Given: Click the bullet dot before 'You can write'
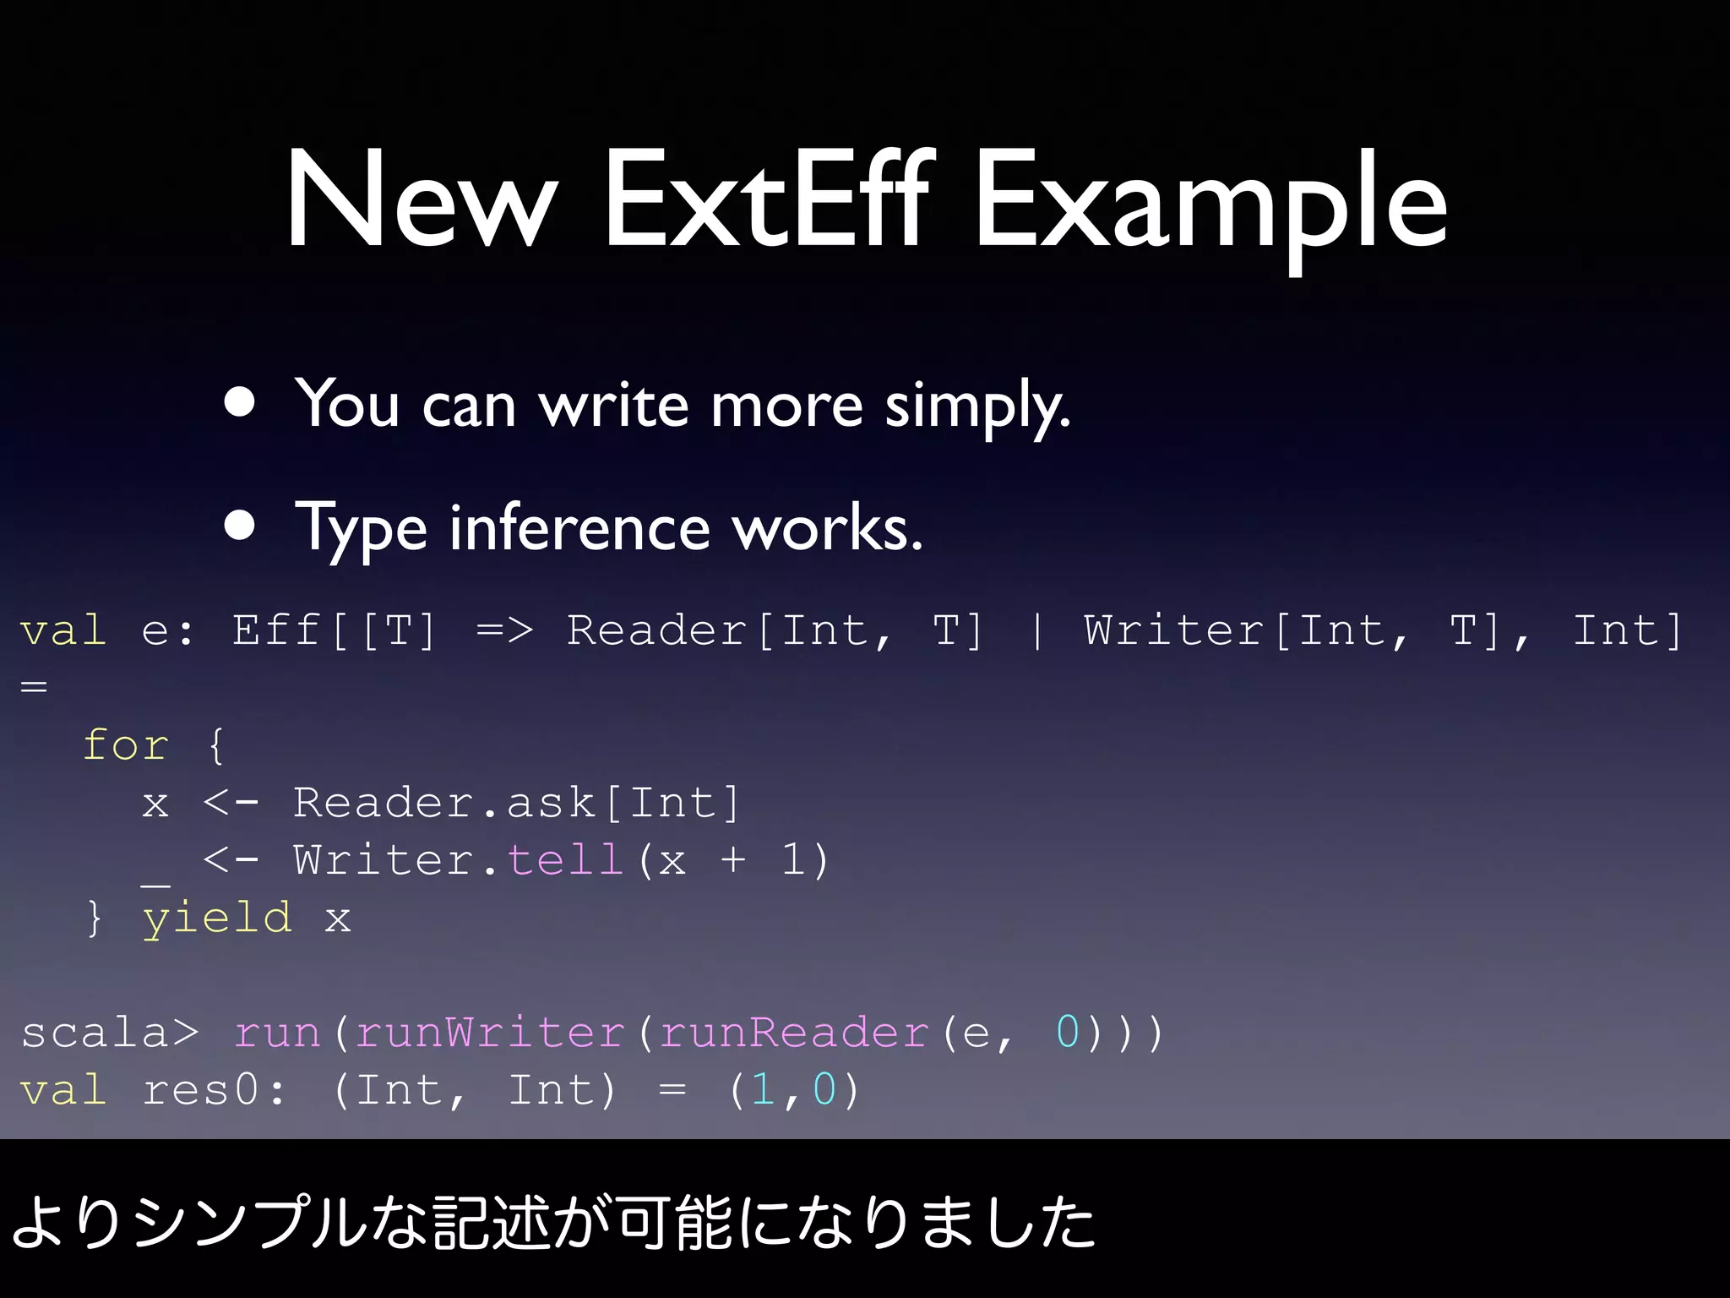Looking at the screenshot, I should tap(240, 403).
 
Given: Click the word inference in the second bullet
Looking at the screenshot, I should tap(579, 528).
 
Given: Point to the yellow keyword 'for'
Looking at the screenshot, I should tap(126, 745).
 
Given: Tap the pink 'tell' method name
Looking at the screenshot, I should tap(565, 860).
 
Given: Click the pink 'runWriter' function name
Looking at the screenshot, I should tap(490, 1033).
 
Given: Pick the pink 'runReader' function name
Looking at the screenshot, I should tap(794, 1033).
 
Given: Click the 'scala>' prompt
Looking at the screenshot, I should tap(110, 1033).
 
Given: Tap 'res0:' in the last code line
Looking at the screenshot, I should tap(214, 1090).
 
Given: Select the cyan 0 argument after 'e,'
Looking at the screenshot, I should tap(1068, 1033).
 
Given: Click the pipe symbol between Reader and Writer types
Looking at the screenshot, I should tap(1036, 631).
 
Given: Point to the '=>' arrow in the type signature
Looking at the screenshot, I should tap(504, 631).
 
